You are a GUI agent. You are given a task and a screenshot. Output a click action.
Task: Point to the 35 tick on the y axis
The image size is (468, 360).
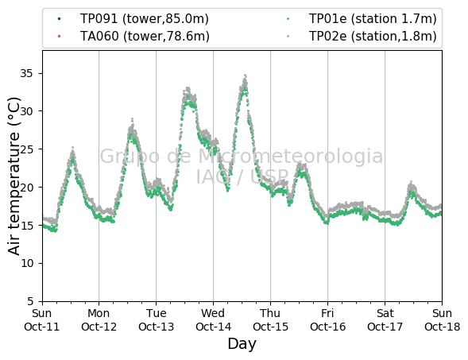click(26, 73)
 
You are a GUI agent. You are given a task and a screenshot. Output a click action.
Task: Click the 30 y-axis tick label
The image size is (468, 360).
click(26, 111)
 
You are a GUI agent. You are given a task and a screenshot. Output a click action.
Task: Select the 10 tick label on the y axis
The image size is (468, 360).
click(26, 263)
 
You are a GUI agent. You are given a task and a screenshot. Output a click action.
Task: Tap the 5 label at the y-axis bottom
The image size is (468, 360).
click(30, 301)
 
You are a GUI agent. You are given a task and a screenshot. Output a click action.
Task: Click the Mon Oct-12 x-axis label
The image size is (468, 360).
click(99, 320)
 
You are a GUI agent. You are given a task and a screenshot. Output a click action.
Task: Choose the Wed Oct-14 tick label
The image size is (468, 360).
click(213, 320)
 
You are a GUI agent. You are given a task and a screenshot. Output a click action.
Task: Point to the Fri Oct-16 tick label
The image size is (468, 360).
click(327, 320)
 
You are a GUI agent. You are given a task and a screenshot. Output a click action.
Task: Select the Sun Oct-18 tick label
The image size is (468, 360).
click(443, 320)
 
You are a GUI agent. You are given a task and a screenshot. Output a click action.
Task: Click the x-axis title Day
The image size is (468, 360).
click(242, 344)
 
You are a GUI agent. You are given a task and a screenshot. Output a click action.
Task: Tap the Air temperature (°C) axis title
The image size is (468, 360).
click(14, 176)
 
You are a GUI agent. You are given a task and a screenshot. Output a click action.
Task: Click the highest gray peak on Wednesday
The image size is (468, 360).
click(246, 75)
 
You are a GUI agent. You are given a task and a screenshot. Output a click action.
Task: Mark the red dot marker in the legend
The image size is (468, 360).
click(59, 37)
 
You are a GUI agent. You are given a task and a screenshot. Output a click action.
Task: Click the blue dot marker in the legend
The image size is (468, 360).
click(59, 19)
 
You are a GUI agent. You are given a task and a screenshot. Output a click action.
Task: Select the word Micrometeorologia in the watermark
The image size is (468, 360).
click(290, 156)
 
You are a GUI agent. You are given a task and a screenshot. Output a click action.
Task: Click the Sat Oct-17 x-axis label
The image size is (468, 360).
click(385, 320)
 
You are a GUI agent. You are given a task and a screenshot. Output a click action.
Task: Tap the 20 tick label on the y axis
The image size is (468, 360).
click(26, 188)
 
